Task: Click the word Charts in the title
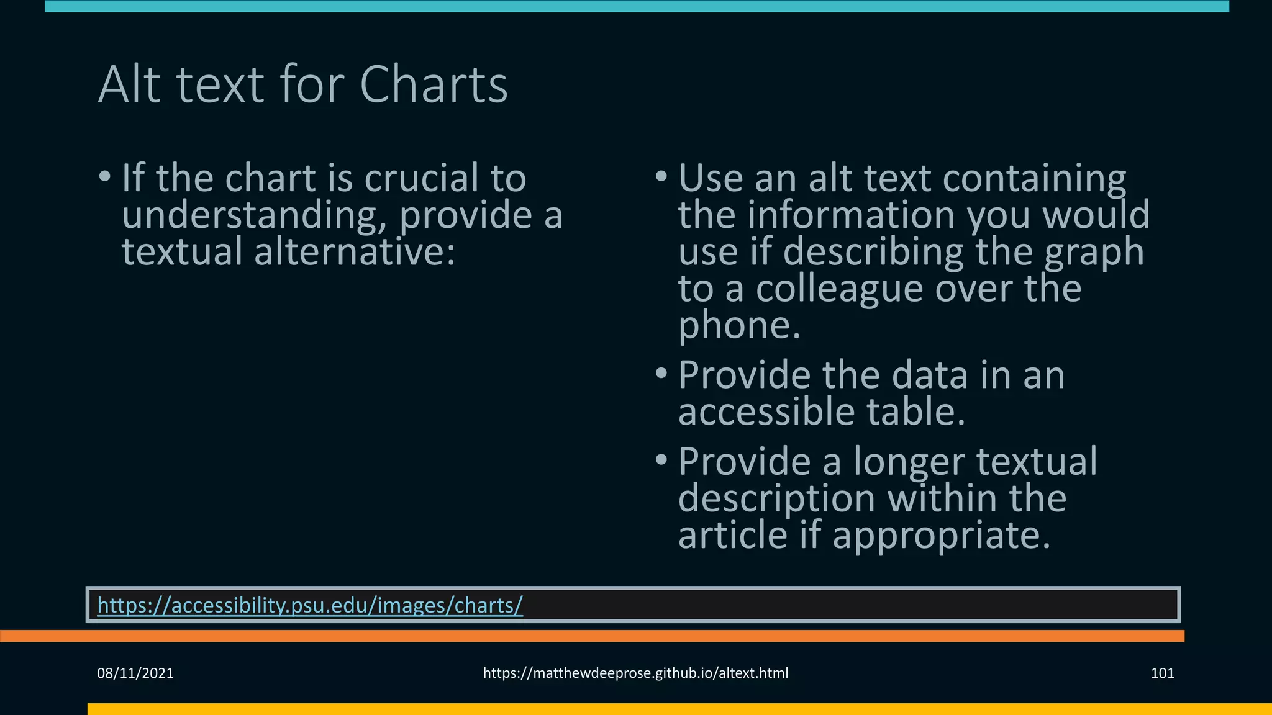coord(434,85)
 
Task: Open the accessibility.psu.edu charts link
coord(310,605)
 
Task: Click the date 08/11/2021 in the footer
coord(135,673)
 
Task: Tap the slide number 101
coord(1162,673)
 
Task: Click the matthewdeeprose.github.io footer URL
coord(635,673)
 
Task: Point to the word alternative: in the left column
coord(355,253)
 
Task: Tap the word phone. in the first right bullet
coord(739,326)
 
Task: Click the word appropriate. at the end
coord(941,536)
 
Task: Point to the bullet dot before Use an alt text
coord(661,177)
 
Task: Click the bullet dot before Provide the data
coord(661,374)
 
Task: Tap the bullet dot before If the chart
coord(105,177)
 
